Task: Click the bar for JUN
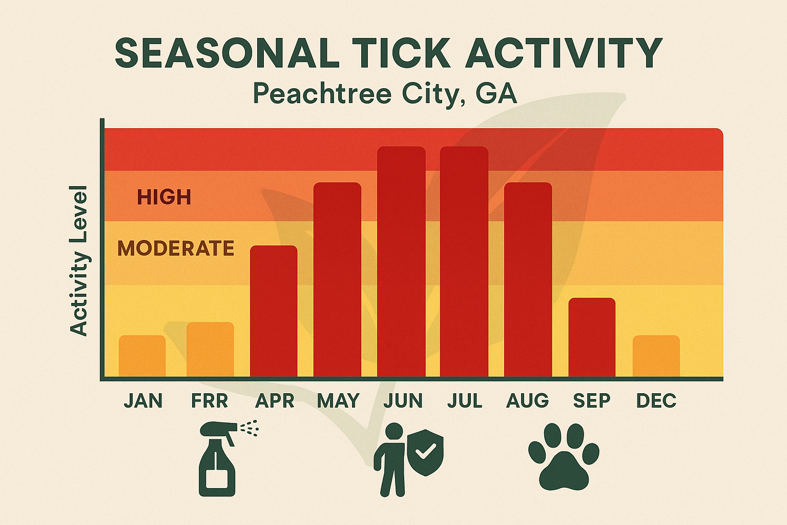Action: tap(401, 261)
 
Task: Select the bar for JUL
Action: tap(464, 261)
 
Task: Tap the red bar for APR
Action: tap(274, 311)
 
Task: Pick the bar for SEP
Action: tap(592, 337)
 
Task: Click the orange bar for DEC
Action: tap(656, 356)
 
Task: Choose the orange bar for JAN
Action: tap(142, 356)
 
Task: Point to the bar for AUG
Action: tap(528, 279)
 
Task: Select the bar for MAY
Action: tap(337, 279)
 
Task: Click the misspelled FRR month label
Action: tap(209, 400)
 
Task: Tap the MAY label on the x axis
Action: tap(338, 400)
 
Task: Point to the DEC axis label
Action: tap(656, 400)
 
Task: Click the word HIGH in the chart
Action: tap(164, 197)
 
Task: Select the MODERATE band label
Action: tap(176, 249)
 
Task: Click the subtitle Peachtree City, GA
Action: tap(385, 94)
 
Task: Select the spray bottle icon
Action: tap(218, 461)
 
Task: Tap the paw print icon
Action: tap(564, 456)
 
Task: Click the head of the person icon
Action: tap(394, 431)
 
